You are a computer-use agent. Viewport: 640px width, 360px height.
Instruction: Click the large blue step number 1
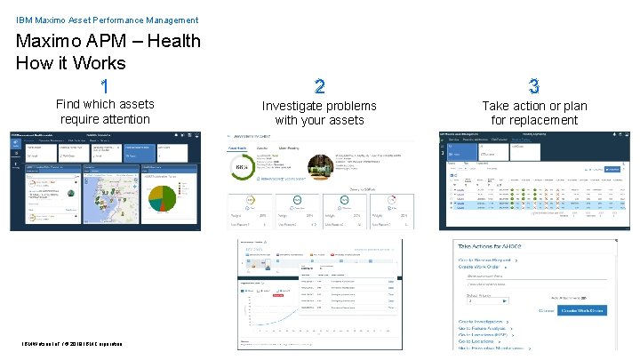point(105,86)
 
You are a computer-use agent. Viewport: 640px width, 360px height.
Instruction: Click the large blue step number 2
point(319,86)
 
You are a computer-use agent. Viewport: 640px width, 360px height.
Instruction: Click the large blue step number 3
point(533,86)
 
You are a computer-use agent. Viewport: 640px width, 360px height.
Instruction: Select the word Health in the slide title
point(170,41)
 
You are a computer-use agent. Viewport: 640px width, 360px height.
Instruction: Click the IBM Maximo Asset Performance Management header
point(108,20)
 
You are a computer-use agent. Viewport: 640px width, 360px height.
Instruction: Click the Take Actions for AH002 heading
point(503,246)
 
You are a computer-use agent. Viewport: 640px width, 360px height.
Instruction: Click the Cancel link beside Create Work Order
point(545,310)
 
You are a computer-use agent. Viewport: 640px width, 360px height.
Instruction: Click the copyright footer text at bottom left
point(67,345)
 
